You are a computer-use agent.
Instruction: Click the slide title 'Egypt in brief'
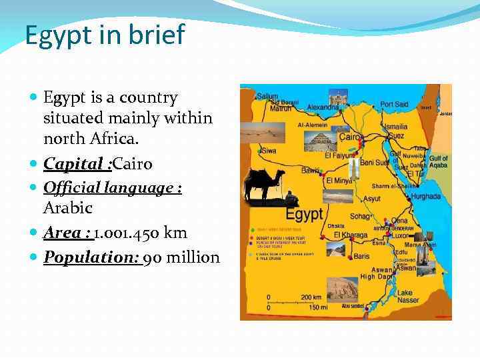[x=105, y=35]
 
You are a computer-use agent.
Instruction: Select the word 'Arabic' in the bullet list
[x=67, y=208]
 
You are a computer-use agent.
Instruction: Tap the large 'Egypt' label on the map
[x=304, y=215]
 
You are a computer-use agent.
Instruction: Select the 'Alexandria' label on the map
[x=323, y=107]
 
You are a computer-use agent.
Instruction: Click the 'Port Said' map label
[x=394, y=105]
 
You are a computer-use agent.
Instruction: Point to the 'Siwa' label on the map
[x=269, y=151]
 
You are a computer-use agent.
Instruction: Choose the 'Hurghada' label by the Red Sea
[x=426, y=197]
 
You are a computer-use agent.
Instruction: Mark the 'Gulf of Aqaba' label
[x=438, y=162]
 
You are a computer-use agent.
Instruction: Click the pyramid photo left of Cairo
[x=319, y=140]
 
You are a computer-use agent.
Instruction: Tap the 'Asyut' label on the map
[x=371, y=199]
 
